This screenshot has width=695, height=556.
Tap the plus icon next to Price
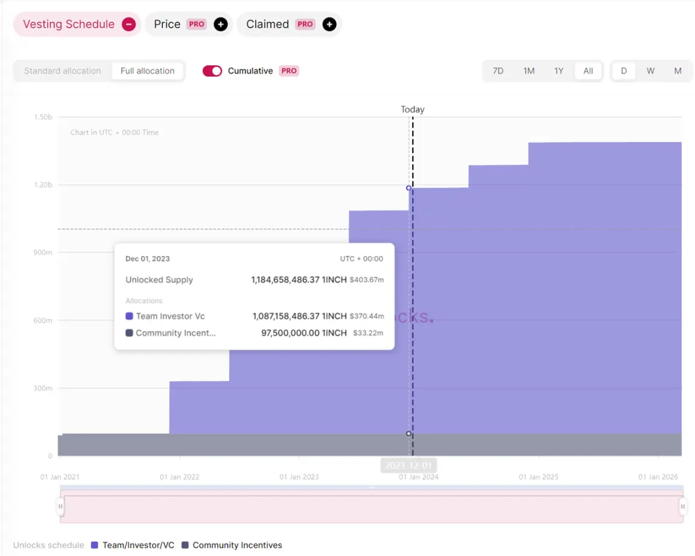pos(221,24)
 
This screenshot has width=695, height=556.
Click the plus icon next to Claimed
pos(329,24)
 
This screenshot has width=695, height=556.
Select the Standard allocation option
pos(63,71)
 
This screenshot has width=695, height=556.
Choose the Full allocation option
pos(147,71)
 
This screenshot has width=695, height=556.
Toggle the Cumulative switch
pos(212,71)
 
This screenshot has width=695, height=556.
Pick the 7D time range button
pos(498,71)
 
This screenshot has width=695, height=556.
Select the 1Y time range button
pos(559,71)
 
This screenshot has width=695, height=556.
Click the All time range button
pos(588,71)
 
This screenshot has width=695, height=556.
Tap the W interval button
pos(650,71)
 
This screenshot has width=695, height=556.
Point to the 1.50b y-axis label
pos(43,117)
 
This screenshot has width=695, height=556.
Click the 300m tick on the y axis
pos(42,388)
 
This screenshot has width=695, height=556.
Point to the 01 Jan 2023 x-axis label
pos(299,477)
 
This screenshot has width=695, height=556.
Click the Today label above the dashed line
pos(413,109)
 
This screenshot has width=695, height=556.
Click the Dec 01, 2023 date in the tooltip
pos(148,258)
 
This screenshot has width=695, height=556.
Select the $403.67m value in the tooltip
pos(367,280)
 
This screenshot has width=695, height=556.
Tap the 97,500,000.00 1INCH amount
pos(304,333)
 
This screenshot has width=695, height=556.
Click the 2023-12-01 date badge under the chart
pos(408,465)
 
